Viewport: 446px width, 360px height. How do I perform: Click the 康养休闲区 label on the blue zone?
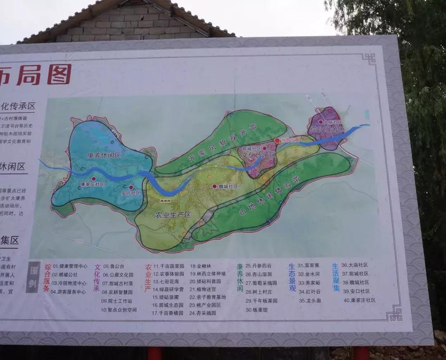coord(104,156)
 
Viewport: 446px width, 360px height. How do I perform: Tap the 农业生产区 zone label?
coord(173,215)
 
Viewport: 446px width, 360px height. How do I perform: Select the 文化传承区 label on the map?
coord(259,155)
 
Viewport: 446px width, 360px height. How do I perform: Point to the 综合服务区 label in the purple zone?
coord(327,129)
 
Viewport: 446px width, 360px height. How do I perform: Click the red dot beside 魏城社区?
coord(214,187)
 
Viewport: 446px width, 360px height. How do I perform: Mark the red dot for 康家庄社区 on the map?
coord(93,179)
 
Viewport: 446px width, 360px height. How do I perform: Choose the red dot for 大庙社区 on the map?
coord(320,122)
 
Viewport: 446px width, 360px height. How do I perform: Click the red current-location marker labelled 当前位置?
coord(277,141)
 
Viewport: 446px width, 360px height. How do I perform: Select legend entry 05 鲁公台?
coord(114,267)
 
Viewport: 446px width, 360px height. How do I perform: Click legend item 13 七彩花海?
coord(166,282)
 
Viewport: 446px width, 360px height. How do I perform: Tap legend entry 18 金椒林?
coord(201,266)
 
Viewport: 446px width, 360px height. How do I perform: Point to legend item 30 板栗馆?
coord(256,310)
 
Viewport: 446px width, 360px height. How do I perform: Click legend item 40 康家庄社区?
coord(359,300)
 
